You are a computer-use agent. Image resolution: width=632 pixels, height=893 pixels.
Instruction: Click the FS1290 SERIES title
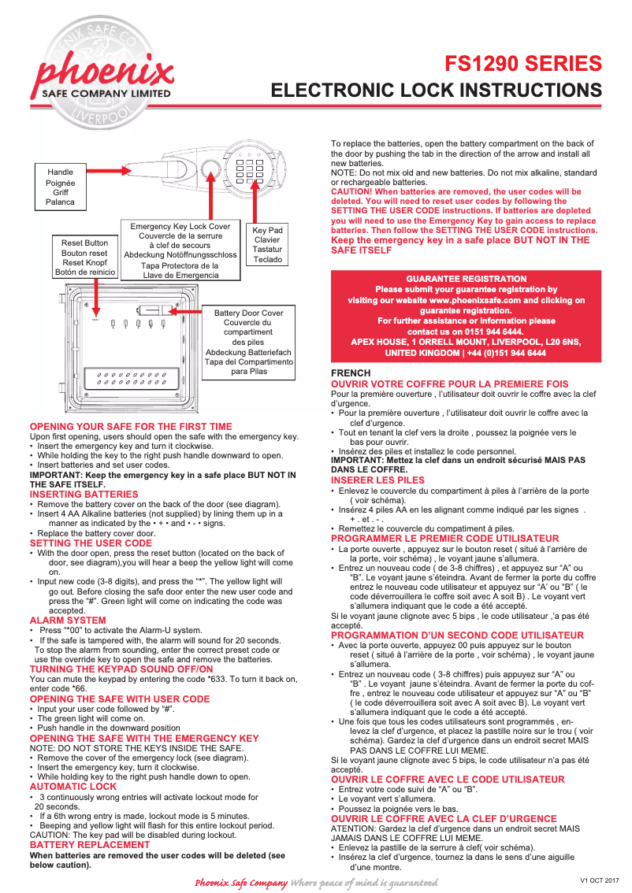tap(523, 63)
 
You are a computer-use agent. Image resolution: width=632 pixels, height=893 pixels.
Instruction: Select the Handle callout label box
tap(61, 187)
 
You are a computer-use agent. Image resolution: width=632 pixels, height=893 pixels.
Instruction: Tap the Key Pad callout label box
tap(267, 245)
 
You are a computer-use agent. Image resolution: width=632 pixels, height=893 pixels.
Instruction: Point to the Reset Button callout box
tap(85, 258)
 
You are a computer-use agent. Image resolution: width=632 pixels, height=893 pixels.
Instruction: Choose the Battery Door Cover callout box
tap(248, 342)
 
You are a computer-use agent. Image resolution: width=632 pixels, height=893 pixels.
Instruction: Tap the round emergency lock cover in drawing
tap(211, 167)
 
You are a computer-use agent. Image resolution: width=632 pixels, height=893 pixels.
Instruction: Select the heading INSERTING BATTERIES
tap(84, 494)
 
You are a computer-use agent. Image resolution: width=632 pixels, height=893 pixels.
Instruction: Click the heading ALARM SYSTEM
tap(68, 621)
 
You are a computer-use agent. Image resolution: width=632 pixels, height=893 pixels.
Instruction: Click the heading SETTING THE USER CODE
tap(91, 543)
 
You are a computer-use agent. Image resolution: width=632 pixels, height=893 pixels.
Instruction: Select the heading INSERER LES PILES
tap(377, 480)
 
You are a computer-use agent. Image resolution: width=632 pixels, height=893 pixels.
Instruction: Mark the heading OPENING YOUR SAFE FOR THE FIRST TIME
tap(131, 426)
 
